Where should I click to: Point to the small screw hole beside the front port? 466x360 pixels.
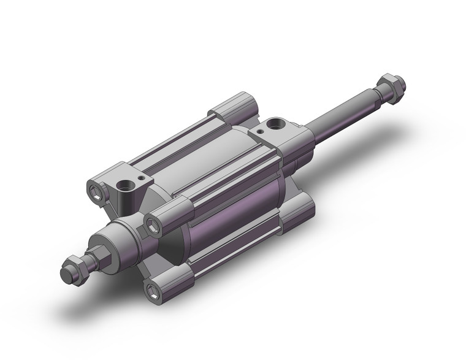(x=142, y=178)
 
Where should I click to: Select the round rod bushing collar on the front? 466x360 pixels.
(x=116, y=235)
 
